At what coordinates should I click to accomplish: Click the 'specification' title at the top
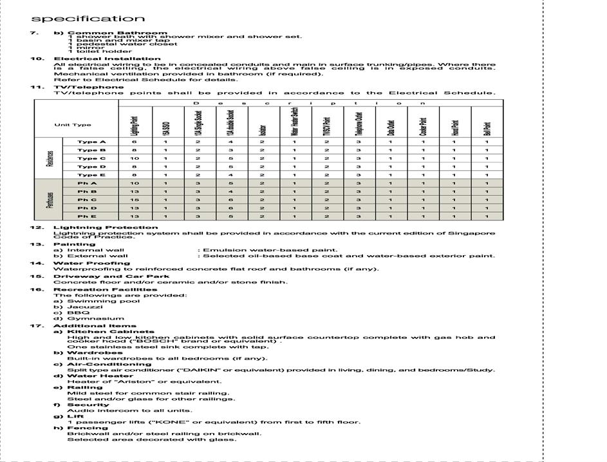tap(88, 18)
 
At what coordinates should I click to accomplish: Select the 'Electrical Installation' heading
tap(107, 59)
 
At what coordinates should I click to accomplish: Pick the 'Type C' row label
tap(91, 158)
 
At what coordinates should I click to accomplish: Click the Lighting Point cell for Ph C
tap(134, 200)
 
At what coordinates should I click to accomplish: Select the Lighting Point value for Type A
tap(134, 141)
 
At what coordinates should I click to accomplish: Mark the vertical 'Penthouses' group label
tap(49, 200)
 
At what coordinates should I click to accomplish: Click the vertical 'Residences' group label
tap(49, 158)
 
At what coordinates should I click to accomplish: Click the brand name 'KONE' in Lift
tap(162, 422)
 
